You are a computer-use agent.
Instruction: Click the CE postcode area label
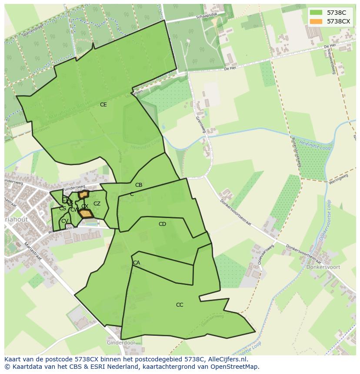(x=103, y=105)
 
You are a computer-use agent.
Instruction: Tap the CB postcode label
(x=139, y=185)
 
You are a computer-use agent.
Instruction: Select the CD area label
(x=162, y=224)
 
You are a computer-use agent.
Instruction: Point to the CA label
(x=137, y=263)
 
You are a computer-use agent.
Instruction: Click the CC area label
(x=180, y=305)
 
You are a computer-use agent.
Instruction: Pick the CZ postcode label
(x=97, y=204)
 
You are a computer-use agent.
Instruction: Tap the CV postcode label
(x=64, y=221)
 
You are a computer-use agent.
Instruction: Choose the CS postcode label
(x=63, y=209)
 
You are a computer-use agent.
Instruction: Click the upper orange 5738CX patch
(x=83, y=194)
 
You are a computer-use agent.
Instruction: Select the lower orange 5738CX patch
(x=86, y=214)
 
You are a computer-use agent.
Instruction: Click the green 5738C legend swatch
(x=316, y=13)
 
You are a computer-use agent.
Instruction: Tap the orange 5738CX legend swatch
(x=316, y=21)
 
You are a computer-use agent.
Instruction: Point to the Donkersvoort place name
(x=323, y=268)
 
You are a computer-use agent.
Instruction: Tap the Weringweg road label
(x=339, y=179)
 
